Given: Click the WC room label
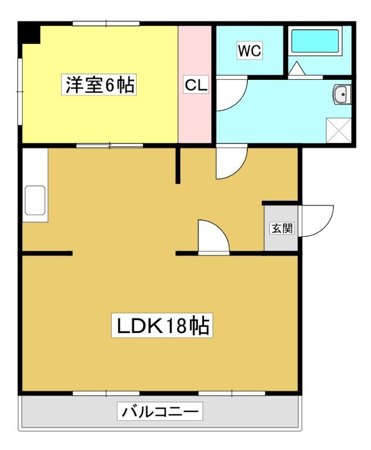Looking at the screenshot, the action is click(x=250, y=51).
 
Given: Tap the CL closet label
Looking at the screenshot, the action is click(x=196, y=85).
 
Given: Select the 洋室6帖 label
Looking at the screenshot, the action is click(x=99, y=85).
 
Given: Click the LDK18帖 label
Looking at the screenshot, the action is click(x=162, y=325).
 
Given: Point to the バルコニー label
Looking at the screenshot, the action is click(x=160, y=411).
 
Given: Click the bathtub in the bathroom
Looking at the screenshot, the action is click(x=315, y=40).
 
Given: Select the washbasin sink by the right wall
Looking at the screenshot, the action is click(x=342, y=93).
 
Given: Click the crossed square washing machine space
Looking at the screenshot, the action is click(x=338, y=130).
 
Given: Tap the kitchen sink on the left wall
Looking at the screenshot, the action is click(x=35, y=200).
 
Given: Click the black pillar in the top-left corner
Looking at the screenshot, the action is click(x=29, y=33).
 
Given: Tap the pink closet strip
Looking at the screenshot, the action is click(x=195, y=84).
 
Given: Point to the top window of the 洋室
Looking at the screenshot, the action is click(x=106, y=24).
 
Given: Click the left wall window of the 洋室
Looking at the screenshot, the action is click(x=20, y=92).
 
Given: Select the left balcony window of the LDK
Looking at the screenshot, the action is click(x=106, y=393).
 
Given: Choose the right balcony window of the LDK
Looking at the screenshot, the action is click(x=232, y=393).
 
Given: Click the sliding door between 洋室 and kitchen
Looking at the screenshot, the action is click(x=110, y=146).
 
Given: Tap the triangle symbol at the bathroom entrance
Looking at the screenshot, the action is click(x=296, y=69).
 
